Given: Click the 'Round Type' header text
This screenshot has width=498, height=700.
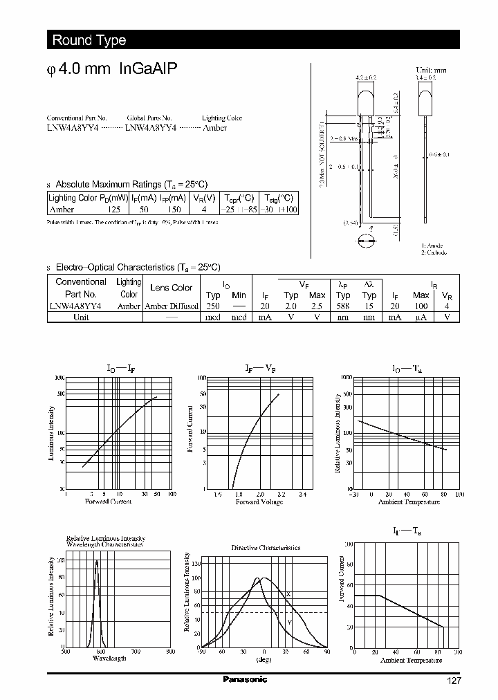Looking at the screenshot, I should pyautogui.click(x=89, y=40).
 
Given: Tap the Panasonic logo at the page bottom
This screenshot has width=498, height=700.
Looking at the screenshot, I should pyautogui.click(x=245, y=680).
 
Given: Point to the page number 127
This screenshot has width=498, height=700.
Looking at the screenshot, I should pyautogui.click(x=452, y=681).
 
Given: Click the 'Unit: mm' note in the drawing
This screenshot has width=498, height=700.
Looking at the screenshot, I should pyautogui.click(x=431, y=71).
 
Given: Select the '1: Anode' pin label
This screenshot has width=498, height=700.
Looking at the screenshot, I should pyautogui.click(x=432, y=246).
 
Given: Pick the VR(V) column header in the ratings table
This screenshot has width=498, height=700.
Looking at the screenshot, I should pyautogui.click(x=203, y=197).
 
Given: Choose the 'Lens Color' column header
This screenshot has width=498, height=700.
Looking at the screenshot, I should pyautogui.click(x=171, y=288).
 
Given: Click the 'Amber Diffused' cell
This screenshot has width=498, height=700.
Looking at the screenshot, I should pyautogui.click(x=171, y=305).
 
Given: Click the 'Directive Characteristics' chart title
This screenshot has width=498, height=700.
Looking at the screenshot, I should pyautogui.click(x=266, y=547).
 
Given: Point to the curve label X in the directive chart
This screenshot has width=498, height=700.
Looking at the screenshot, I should pyautogui.click(x=288, y=594).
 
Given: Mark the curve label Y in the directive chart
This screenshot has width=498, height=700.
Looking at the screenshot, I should pyautogui.click(x=289, y=623).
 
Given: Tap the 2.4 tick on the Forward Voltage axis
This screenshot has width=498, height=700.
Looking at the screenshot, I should pyautogui.click(x=302, y=495).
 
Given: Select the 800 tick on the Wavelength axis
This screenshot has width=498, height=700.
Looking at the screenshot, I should pyautogui.click(x=171, y=651).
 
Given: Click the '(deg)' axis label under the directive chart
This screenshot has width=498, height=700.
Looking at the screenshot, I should pyautogui.click(x=264, y=659).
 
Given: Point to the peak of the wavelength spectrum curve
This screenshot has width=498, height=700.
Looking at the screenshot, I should pyautogui.click(x=96, y=561).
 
